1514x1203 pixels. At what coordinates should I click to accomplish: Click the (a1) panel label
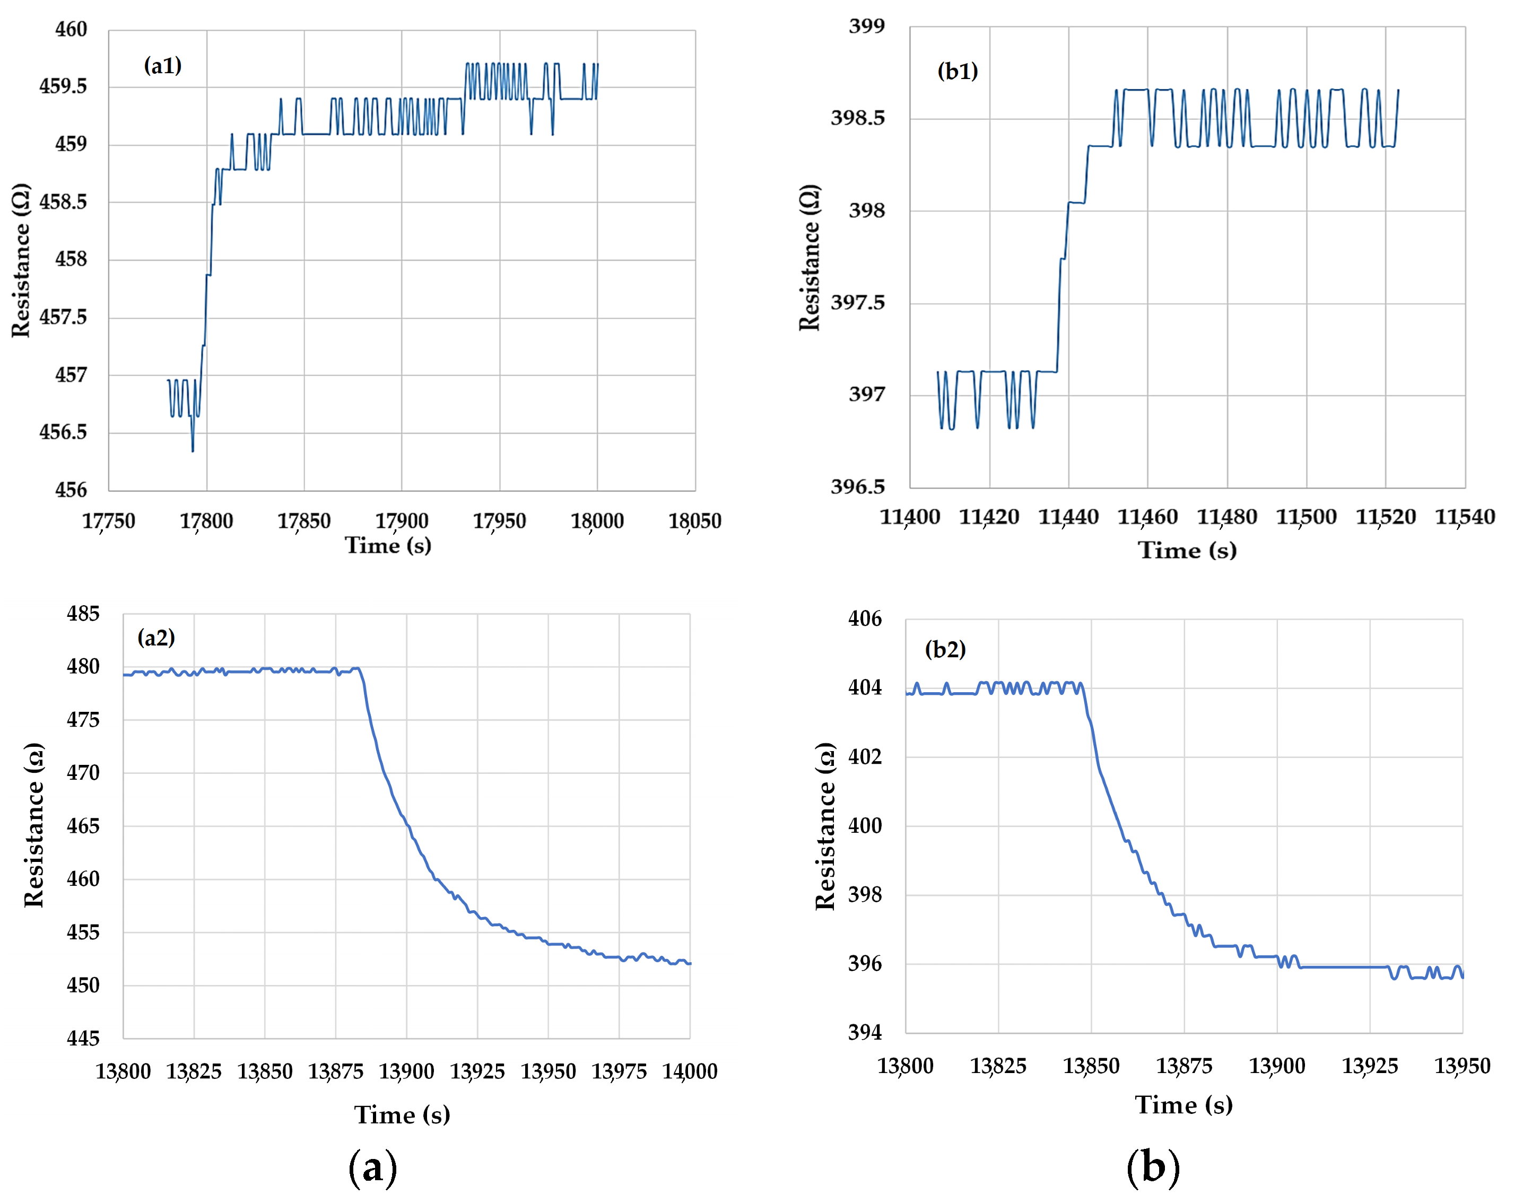click(x=162, y=65)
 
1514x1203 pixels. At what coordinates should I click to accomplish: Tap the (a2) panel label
click(x=156, y=637)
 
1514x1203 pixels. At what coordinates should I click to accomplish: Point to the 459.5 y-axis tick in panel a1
click(x=63, y=86)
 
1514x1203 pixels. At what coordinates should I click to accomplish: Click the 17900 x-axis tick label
click(x=401, y=520)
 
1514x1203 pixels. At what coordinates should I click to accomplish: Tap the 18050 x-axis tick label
click(x=694, y=520)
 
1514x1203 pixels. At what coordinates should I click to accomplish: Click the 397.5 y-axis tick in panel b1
click(x=857, y=303)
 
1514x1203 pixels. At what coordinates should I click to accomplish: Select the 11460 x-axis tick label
click(x=1147, y=517)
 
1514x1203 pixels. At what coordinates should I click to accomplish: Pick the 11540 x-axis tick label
click(x=1464, y=517)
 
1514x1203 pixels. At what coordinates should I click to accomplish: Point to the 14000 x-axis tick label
click(x=690, y=1071)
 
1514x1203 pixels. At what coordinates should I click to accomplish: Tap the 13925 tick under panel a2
click(x=477, y=1071)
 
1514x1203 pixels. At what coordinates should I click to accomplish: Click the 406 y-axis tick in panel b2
click(x=865, y=618)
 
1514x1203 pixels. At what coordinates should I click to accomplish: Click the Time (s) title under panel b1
click(x=1187, y=550)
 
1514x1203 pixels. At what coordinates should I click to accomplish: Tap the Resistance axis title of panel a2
click(x=34, y=825)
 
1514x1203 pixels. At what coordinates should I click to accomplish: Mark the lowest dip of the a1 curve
click(x=193, y=450)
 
